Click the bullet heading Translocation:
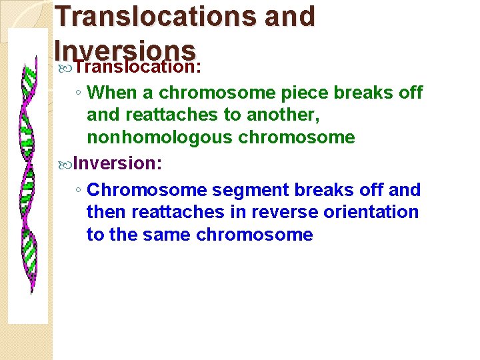pos(138,67)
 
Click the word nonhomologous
pos(151,137)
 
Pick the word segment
pos(244,190)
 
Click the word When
pos(109,92)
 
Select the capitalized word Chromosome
pos(147,190)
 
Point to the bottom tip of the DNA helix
pos(31,291)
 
